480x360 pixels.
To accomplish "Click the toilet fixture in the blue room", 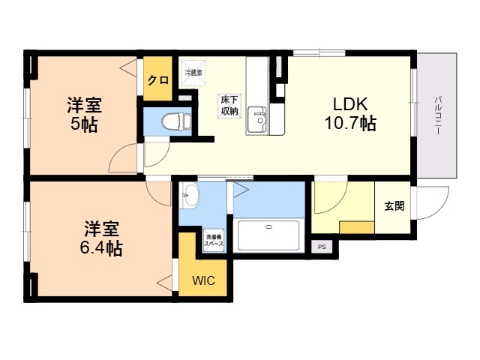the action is (177, 121).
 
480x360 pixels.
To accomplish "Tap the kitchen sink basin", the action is (257, 120).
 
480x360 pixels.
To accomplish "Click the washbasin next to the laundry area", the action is (189, 195).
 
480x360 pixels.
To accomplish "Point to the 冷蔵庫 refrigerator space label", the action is (193, 73).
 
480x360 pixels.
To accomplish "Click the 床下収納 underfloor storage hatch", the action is (229, 106).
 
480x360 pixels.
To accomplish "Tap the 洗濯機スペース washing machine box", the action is (214, 240).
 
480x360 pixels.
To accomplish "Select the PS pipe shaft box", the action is (322, 247).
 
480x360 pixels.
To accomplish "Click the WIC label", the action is (203, 280).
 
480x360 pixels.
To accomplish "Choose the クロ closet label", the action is (158, 80).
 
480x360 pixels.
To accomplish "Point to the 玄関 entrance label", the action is (394, 205).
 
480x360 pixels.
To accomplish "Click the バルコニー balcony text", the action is (438, 115).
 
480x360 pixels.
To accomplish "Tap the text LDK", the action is (350, 104).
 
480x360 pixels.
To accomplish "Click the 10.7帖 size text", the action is (350, 123).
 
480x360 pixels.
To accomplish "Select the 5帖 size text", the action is (84, 124).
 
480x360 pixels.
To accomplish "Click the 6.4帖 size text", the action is (101, 248).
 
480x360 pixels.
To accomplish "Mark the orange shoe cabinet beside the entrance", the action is (357, 227).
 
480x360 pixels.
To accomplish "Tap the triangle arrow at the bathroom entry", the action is (241, 190).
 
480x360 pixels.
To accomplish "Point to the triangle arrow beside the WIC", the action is (165, 282).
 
